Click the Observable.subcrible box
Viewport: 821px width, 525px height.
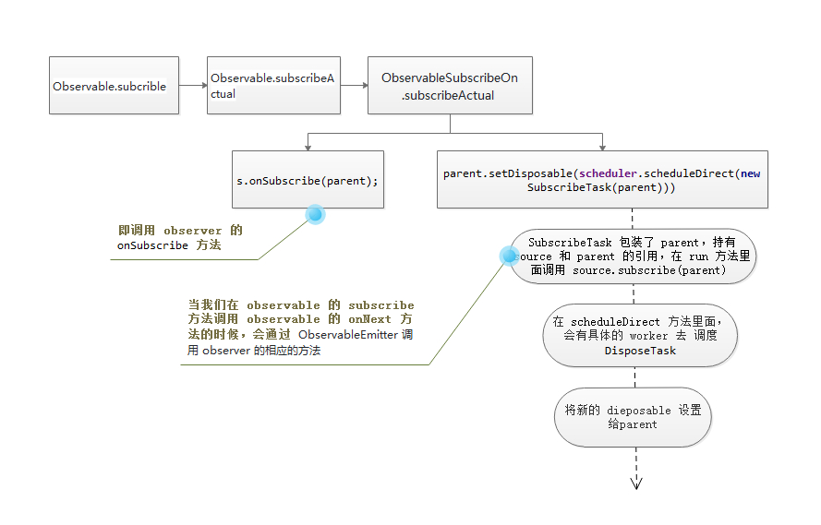pos(114,86)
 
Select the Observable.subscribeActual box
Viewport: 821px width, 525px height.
pos(273,86)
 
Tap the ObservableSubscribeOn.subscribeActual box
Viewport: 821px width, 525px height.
pos(450,87)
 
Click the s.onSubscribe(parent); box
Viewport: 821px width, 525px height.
pos(308,180)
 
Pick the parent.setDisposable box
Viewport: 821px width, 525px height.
pos(602,180)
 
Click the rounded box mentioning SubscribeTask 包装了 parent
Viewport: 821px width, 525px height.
pos(633,257)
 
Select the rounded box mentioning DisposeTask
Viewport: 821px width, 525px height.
pos(640,336)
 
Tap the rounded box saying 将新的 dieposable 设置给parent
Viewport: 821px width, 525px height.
pos(633,417)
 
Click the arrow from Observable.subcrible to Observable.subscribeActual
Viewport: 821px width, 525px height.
pos(192,86)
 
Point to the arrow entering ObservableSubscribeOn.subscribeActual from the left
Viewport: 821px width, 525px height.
pos(354,86)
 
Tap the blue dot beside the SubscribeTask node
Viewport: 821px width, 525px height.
pos(509,256)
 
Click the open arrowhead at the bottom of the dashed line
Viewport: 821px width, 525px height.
pos(636,482)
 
